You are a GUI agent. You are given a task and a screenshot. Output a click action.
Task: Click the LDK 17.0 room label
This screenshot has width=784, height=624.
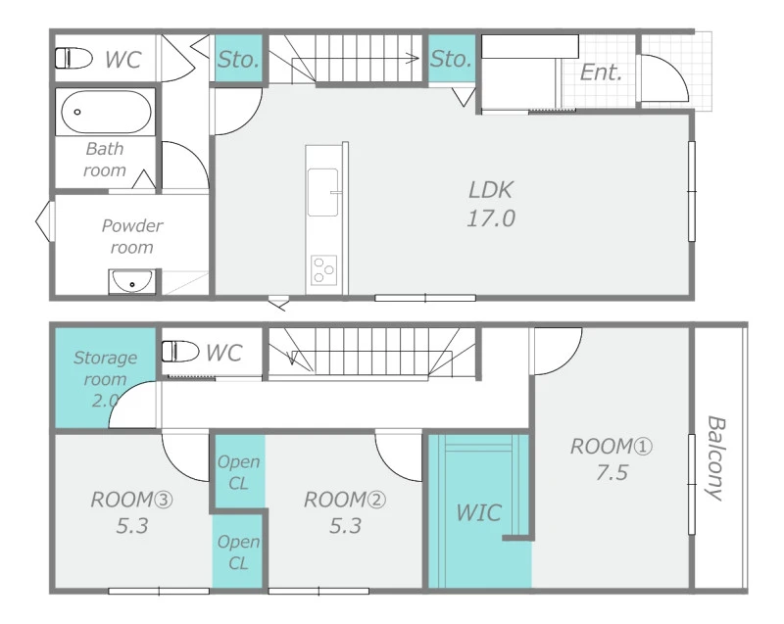[x=491, y=204]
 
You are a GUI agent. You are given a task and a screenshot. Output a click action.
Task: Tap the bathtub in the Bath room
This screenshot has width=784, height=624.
[x=106, y=112]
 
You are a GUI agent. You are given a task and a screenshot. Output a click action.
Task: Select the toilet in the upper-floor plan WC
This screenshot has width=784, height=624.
[x=73, y=58]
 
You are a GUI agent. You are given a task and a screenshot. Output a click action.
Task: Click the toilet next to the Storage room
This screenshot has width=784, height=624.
[x=180, y=352]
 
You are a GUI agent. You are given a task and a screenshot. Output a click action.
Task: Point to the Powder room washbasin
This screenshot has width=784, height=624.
[x=132, y=282]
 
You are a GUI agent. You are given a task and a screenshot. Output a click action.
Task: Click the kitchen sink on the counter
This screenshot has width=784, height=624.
[x=322, y=192]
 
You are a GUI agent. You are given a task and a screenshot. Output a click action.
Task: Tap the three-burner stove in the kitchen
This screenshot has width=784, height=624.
[x=323, y=270]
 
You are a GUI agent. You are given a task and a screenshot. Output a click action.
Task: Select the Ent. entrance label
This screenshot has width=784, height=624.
[x=601, y=72]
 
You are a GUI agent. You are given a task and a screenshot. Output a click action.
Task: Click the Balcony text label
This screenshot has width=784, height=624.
[x=715, y=458]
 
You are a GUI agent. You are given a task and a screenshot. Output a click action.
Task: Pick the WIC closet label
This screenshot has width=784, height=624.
[x=478, y=513]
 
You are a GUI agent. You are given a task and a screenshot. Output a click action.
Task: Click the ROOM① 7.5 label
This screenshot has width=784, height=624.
[x=612, y=459]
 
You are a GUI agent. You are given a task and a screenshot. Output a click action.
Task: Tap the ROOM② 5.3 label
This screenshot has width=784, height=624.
[x=345, y=512]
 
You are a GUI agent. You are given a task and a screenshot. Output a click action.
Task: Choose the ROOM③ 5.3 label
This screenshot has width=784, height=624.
[x=132, y=512]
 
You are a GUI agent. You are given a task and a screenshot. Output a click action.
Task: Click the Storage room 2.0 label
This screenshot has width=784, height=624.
[x=105, y=379]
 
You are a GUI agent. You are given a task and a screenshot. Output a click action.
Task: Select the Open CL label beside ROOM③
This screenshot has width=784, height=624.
[x=238, y=552]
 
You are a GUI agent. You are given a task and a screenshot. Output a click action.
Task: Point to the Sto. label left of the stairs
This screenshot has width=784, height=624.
[x=238, y=60]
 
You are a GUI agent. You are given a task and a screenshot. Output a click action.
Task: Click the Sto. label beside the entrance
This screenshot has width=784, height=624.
[x=451, y=59]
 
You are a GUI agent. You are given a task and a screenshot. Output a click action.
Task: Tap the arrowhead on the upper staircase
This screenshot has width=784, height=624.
[x=413, y=59]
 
